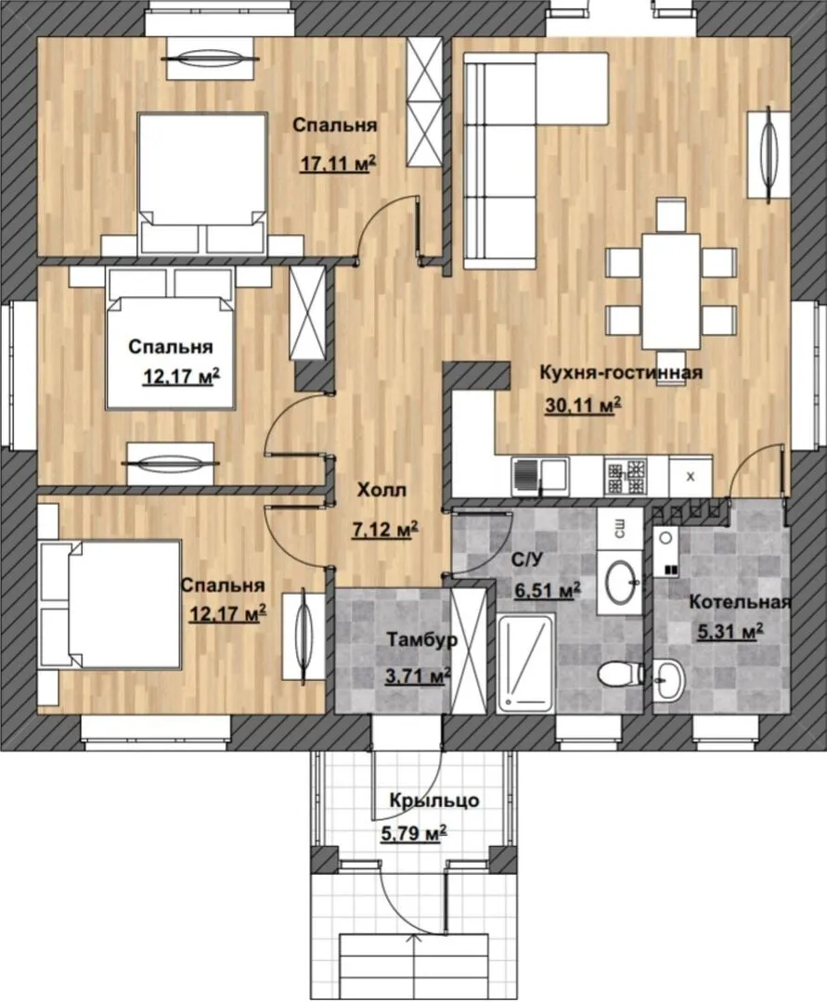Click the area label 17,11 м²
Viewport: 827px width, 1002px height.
coord(338,164)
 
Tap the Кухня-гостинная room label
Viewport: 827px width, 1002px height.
coord(621,373)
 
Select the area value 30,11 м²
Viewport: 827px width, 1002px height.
coord(584,405)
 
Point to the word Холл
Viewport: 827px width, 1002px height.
coord(381,491)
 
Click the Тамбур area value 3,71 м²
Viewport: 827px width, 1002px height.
coord(419,674)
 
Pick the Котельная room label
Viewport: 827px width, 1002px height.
coord(740,602)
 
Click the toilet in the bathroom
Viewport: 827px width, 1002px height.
coord(622,673)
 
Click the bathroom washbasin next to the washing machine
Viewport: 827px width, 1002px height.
coord(620,582)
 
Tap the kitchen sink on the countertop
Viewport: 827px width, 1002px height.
coord(539,477)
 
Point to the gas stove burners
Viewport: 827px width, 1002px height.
coord(627,477)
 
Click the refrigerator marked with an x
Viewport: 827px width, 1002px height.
coord(691,475)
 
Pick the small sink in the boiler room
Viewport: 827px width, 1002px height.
coord(668,680)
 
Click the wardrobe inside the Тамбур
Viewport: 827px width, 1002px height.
coord(469,650)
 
